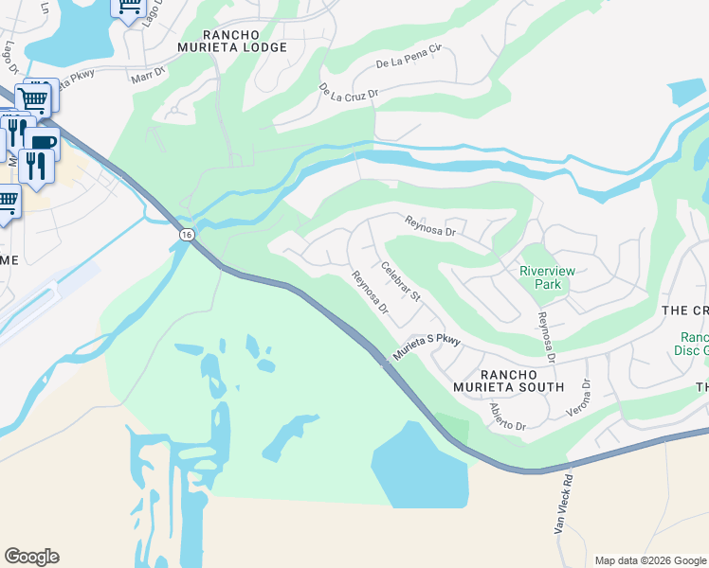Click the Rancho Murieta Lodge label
(x=233, y=41)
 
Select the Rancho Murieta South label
(x=508, y=380)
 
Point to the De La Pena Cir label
(x=409, y=62)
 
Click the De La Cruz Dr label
(x=349, y=92)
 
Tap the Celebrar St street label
(x=401, y=283)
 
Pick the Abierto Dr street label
(x=507, y=417)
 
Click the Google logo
(x=31, y=557)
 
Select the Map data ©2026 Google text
(x=649, y=560)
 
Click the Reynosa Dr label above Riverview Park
(x=430, y=226)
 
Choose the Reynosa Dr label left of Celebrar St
(x=371, y=293)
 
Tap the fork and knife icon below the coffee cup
(x=36, y=167)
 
